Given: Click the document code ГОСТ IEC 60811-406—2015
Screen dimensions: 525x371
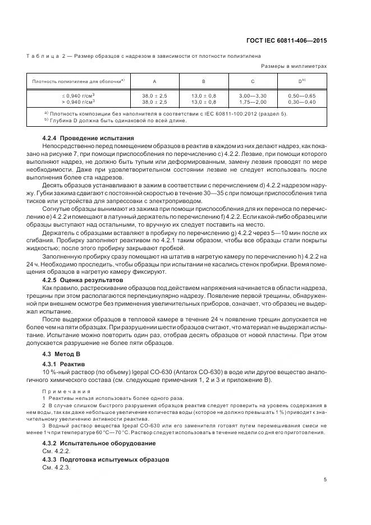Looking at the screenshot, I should click(286, 40).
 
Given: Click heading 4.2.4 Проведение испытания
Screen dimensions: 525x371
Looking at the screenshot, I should click(88, 138).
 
